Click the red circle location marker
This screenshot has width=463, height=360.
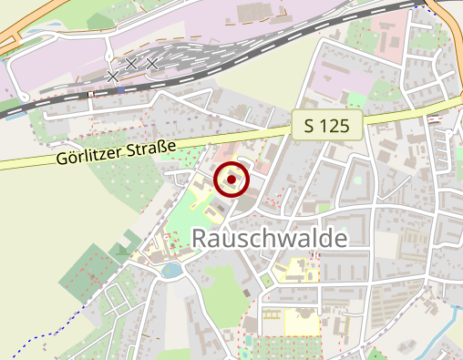click(x=232, y=180)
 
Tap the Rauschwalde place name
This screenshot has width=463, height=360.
click(x=271, y=239)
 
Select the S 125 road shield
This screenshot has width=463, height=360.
click(x=328, y=126)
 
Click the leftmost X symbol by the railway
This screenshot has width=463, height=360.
click(x=112, y=77)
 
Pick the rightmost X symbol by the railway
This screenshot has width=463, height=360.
click(x=152, y=64)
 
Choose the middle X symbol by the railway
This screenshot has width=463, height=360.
click(x=131, y=64)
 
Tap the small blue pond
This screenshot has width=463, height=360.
click(x=170, y=270)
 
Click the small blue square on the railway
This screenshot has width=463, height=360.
click(x=120, y=90)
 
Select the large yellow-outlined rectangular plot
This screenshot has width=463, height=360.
click(x=302, y=323)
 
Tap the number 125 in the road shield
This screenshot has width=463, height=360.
click(x=335, y=126)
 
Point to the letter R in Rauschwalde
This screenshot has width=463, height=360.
click(x=201, y=239)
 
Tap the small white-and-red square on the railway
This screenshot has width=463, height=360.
click(x=91, y=93)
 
